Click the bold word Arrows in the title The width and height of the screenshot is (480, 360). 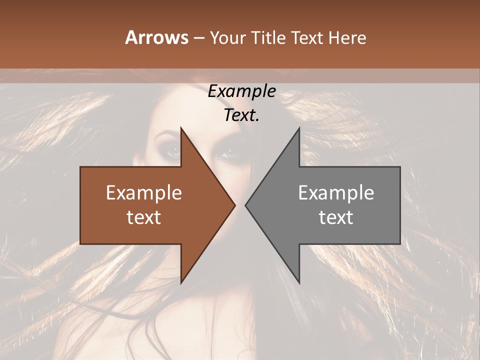156,37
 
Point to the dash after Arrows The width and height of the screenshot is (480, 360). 198,38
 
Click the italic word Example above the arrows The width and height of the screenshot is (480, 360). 241,91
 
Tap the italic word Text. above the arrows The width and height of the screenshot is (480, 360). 241,115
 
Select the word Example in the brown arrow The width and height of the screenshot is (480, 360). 144,193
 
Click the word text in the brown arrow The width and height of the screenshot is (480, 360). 144,217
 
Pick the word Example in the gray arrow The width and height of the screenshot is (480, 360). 336,193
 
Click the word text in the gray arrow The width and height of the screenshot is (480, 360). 336,217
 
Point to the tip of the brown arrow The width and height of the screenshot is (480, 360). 235,205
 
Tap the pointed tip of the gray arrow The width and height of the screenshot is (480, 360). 245,205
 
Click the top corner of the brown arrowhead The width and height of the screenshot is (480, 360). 181,128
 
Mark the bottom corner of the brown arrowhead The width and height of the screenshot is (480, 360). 181,282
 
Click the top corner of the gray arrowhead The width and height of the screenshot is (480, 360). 299,128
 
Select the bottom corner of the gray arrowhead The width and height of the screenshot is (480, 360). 299,282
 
